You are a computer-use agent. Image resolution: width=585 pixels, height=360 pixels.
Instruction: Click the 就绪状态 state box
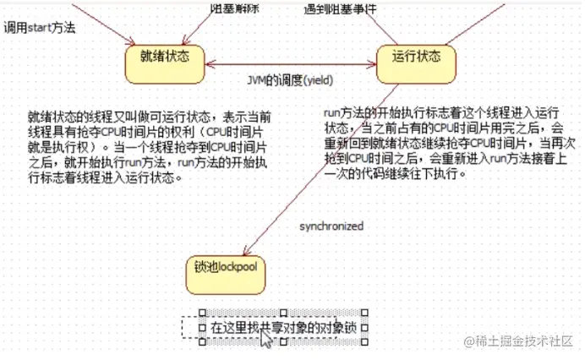(x=165, y=57)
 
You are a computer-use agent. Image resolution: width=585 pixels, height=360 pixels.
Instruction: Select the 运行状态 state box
(x=417, y=57)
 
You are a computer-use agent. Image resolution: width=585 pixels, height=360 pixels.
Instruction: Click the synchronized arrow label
(x=331, y=226)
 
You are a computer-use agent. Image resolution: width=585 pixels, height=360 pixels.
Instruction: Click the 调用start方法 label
(x=40, y=27)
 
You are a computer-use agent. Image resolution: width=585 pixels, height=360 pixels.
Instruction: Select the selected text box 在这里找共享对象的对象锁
(x=283, y=326)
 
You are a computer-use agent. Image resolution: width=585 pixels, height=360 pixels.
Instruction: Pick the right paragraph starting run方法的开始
(x=440, y=146)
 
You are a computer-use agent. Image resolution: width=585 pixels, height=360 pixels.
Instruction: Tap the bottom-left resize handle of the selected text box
(x=201, y=341)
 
